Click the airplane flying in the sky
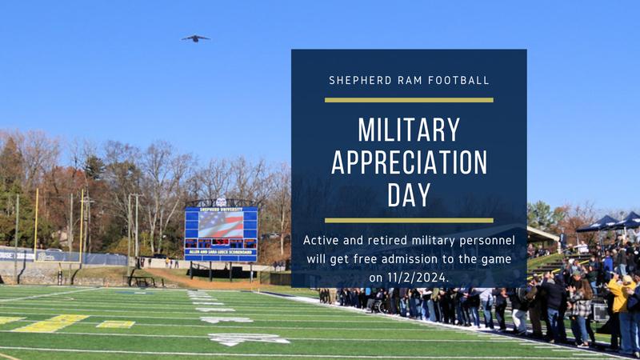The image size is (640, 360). tap(195, 38)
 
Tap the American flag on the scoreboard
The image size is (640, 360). tap(221, 224)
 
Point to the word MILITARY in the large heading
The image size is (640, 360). tap(409, 130)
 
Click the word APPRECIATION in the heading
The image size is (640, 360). tap(409, 162)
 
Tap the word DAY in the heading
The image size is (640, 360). tap(409, 195)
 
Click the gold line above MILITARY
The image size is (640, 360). tap(409, 100)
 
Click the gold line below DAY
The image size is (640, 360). tap(409, 220)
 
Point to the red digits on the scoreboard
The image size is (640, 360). tap(221, 242)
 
